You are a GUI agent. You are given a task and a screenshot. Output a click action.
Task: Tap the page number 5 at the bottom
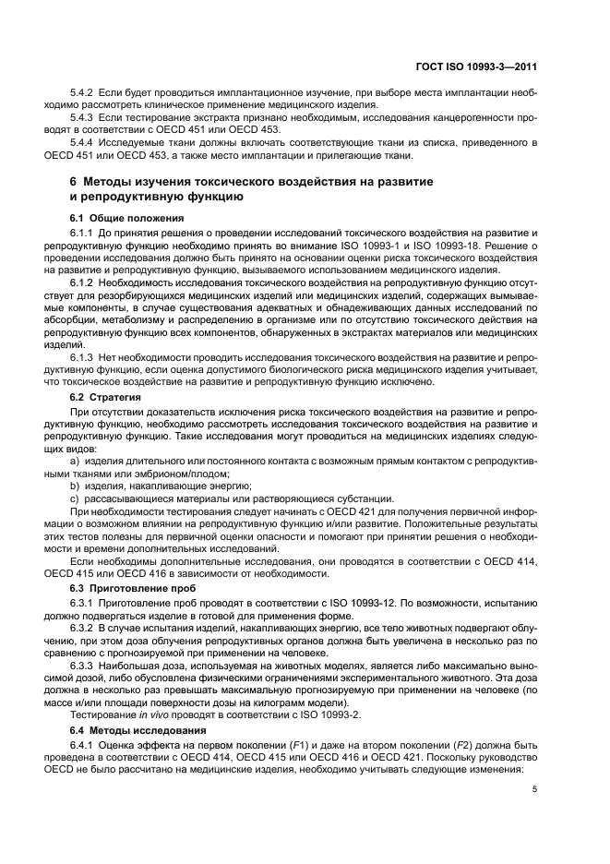[x=535, y=789]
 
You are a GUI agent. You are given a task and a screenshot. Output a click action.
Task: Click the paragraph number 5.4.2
[x=83, y=94]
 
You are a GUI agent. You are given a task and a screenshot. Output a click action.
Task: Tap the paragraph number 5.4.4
[x=83, y=142]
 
